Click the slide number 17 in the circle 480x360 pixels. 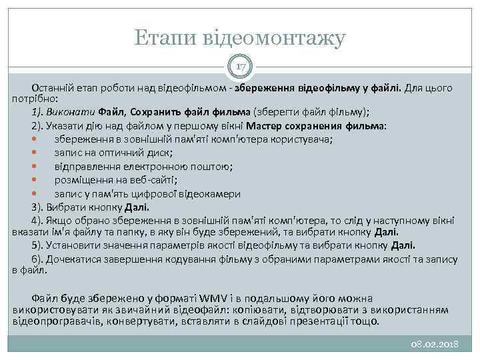click(240, 66)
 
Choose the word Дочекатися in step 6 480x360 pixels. click(74, 259)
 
